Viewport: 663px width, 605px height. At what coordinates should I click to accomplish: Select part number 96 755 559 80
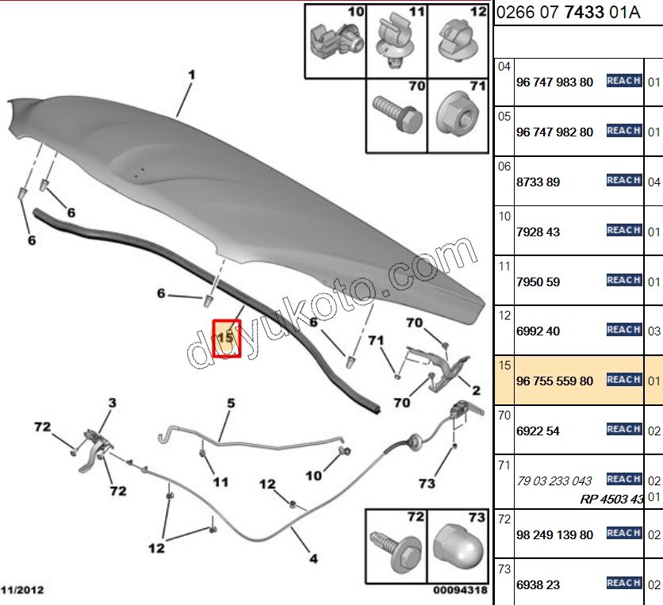554,381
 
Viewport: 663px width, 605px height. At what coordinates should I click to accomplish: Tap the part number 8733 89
538,182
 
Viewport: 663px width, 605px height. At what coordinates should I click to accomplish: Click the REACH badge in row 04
624,80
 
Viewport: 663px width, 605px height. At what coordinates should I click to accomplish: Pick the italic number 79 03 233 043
554,481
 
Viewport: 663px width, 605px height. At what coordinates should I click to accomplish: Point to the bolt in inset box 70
397,113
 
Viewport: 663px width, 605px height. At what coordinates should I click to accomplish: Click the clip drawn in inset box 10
336,40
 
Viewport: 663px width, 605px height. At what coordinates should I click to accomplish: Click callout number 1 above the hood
192,75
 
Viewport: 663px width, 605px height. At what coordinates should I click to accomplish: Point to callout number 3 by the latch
112,403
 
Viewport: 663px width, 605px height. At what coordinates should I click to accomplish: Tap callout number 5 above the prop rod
231,403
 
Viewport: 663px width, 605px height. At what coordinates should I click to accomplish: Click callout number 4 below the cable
313,558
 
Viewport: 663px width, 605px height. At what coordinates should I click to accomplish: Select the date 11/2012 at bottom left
22,590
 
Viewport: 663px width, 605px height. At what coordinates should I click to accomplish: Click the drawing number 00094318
460,590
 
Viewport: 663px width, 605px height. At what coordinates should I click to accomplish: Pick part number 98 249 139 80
554,534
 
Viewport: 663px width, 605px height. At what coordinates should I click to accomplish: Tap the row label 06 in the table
504,167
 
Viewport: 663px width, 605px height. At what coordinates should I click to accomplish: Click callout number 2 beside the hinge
476,390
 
